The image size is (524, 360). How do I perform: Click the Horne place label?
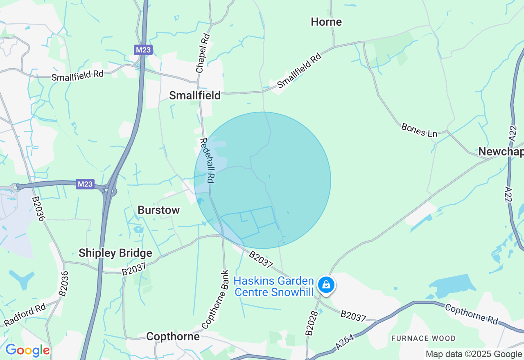click(326, 22)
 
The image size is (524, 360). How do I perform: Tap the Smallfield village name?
click(195, 95)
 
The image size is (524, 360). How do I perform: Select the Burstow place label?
click(159, 210)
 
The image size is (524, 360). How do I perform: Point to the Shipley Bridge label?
click(115, 253)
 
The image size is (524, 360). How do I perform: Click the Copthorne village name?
click(173, 336)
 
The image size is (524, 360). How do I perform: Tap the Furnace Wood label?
click(423, 338)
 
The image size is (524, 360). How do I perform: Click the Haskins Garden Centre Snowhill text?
click(274, 287)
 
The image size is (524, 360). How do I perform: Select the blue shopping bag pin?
click(326, 284)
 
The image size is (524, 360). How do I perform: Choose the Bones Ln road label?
click(419, 130)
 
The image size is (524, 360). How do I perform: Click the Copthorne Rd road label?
click(471, 314)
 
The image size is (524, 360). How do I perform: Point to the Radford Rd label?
click(25, 315)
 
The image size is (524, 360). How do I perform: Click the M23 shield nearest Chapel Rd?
click(143, 50)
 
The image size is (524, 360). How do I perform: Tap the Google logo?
click(27, 350)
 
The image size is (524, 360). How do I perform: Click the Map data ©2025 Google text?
click(474, 354)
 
